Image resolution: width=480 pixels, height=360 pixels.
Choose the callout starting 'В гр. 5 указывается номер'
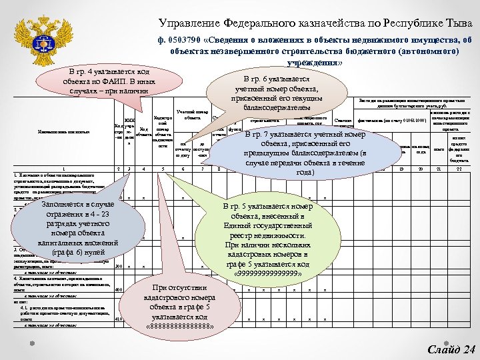click(274, 241)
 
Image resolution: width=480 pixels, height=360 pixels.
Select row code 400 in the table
click(119, 290)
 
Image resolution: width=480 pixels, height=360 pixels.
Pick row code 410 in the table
click(119, 319)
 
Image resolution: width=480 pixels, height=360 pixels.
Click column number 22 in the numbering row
click(459, 169)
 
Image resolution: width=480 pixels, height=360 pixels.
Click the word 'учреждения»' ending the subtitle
click(313, 62)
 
